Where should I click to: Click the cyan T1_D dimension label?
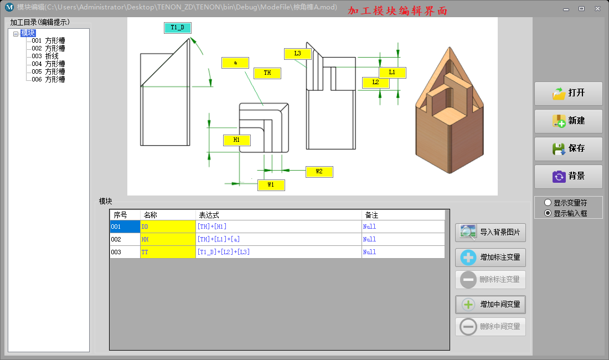tap(178, 28)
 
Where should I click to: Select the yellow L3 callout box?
tap(298, 54)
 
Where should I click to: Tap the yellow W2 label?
tap(319, 172)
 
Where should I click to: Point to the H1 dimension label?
tap(237, 140)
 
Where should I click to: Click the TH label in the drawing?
tap(267, 73)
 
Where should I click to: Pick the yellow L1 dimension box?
tap(393, 73)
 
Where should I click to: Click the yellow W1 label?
tap(271, 185)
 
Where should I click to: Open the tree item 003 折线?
tap(45, 56)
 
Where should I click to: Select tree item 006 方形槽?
tap(48, 79)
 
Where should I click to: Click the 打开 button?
tap(568, 94)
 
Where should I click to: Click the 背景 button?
tap(568, 177)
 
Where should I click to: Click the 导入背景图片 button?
tap(491, 232)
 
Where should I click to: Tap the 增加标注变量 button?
tap(491, 258)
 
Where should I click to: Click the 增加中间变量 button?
tap(491, 305)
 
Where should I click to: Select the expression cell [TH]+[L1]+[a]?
tap(278, 239)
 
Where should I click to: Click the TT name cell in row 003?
tap(168, 252)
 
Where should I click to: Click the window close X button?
tap(597, 8)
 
